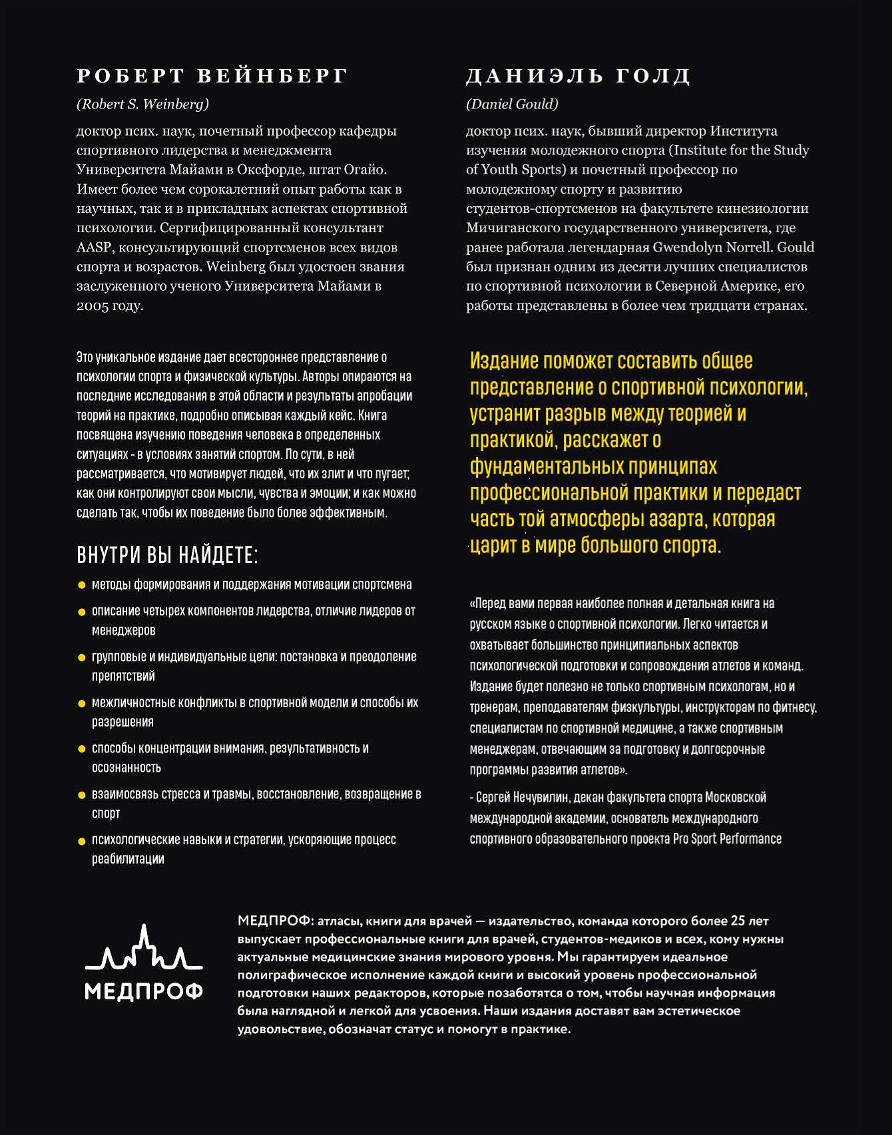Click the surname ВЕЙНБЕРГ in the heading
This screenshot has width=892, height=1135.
272,76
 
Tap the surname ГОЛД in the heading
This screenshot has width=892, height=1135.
653,76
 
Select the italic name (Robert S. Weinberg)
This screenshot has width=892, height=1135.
143,104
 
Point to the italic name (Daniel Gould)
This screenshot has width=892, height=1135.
512,104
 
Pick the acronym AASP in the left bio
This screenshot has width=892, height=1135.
94,247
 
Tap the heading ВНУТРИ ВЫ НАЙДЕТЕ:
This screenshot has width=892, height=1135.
167,555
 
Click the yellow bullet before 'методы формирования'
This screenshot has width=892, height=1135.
82,585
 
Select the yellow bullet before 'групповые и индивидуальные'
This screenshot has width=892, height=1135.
82,657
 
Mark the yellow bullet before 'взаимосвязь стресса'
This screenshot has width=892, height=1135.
82,795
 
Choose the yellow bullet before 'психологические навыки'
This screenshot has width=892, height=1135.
82,841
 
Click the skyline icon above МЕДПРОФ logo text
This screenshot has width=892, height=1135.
144,948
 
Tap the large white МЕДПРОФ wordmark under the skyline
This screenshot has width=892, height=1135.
144,992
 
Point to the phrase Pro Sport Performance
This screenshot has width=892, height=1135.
727,838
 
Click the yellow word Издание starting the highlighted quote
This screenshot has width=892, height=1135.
504,361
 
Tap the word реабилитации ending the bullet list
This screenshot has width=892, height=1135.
128,859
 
